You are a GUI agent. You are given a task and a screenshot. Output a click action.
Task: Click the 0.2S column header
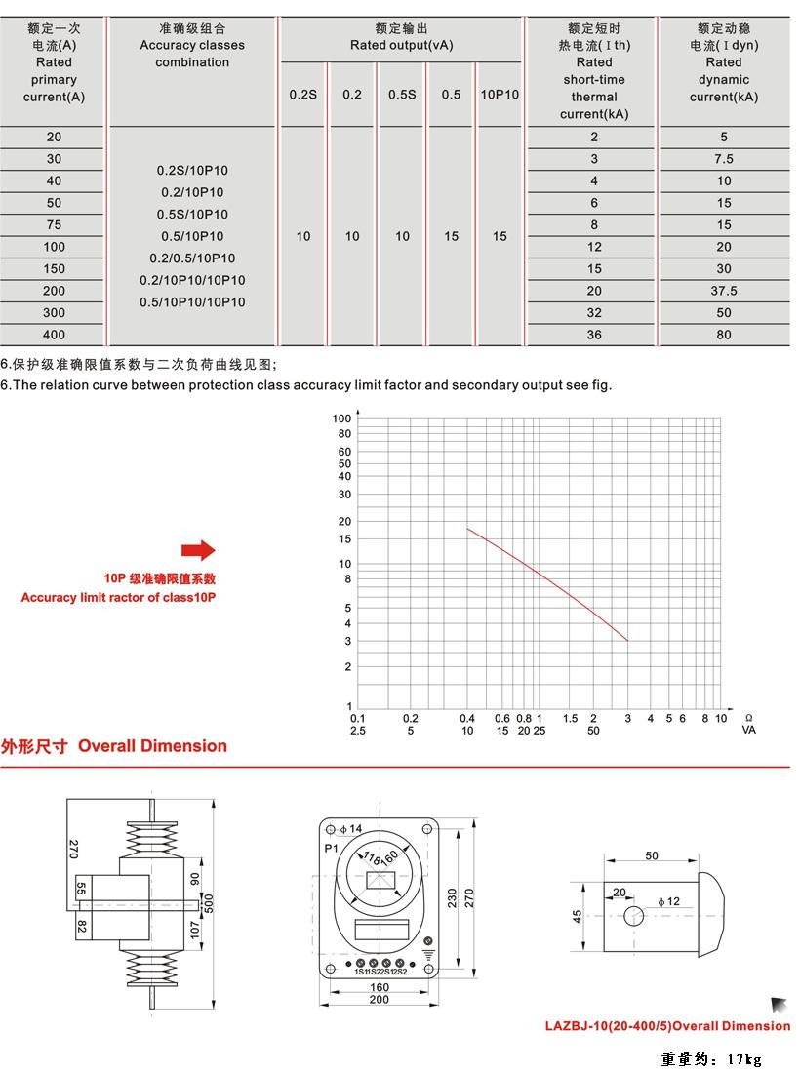pyautogui.click(x=303, y=95)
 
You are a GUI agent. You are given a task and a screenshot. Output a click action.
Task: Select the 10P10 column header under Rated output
pyautogui.click(x=500, y=95)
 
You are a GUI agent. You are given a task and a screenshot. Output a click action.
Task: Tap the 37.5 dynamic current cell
pyautogui.click(x=724, y=291)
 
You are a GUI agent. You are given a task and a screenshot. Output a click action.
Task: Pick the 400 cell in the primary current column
pyautogui.click(x=54, y=335)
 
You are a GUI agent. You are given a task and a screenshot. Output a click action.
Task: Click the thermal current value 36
pyautogui.click(x=594, y=335)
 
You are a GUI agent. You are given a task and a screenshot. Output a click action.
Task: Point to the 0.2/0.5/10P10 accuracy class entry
pyautogui.click(x=192, y=258)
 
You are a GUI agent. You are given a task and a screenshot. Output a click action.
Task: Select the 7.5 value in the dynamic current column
pyautogui.click(x=724, y=159)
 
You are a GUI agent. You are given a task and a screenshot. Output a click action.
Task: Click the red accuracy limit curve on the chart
pyautogui.click(x=546, y=576)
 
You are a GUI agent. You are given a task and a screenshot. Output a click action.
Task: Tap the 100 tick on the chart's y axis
pyautogui.click(x=341, y=418)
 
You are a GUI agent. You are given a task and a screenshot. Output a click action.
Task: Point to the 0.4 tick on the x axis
pyautogui.click(x=467, y=719)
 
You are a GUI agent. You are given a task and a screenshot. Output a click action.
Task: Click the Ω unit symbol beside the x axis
pyautogui.click(x=748, y=717)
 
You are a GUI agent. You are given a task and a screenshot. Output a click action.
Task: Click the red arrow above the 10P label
pyautogui.click(x=198, y=551)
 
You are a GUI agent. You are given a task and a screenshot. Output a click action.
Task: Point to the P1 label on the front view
pyautogui.click(x=332, y=849)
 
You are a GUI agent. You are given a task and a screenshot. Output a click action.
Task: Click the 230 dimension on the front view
pyautogui.click(x=453, y=897)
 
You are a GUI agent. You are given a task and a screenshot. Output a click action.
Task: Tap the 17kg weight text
pyautogui.click(x=711, y=1059)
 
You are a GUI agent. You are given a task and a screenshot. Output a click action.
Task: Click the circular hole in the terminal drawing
pyautogui.click(x=634, y=916)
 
